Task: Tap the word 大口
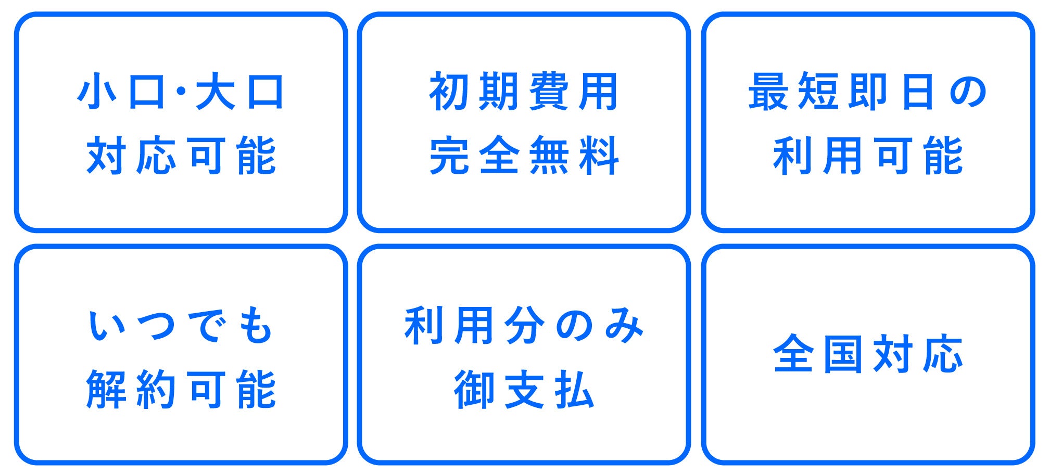(239, 92)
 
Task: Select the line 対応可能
(181, 156)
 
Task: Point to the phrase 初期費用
(524, 92)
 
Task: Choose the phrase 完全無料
(524, 156)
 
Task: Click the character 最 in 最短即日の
(768, 92)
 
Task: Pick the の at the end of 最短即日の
(968, 92)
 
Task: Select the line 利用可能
(868, 156)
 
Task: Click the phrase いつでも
(181, 326)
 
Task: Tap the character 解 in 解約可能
(106, 390)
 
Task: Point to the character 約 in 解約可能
(156, 390)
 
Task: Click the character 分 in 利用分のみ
(524, 326)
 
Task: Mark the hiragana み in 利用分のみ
(625, 326)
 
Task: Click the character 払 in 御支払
(574, 390)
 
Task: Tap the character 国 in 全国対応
(843, 354)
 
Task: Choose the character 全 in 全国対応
(793, 354)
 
